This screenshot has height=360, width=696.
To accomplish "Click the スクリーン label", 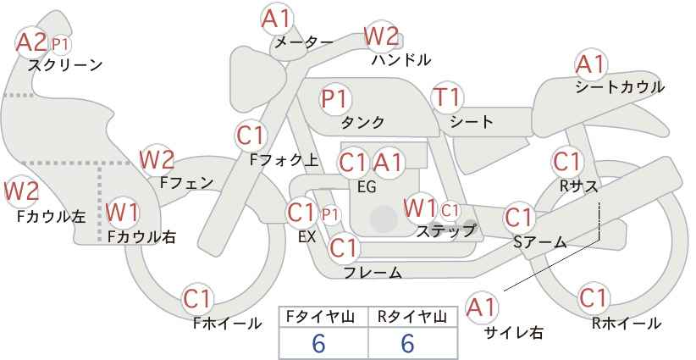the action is pos(65,65).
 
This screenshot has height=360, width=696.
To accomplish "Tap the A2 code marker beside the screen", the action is pos(31,42).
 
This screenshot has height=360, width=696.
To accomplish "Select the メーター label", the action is pos(304,42).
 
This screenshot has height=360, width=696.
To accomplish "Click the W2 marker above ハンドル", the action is pos(381,36).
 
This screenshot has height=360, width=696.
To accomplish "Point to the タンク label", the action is pos(362,122).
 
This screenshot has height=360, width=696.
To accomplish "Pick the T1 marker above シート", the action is pos(447,97).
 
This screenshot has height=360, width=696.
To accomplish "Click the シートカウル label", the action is pos(620,86).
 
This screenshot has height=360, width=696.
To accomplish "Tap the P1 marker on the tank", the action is pos(335,99).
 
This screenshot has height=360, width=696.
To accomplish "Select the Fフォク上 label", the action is pos(284,160).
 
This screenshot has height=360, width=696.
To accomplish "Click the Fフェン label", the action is pos(186,183).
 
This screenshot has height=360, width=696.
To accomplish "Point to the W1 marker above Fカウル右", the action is pos(123,212).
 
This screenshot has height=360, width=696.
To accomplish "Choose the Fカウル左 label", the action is pos(51,217).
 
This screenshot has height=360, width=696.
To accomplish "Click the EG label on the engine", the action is pos(367,187).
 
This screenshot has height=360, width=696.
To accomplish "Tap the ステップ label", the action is pos(445,231).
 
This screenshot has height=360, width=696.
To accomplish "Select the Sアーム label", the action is pos(540,242).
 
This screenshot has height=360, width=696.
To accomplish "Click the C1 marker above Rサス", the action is pos(566,162).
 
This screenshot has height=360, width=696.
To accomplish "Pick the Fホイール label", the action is pos(227,324).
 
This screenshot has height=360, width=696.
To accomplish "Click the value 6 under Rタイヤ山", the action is pos(407,344).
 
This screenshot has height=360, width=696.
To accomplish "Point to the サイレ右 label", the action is pos(513,332).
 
